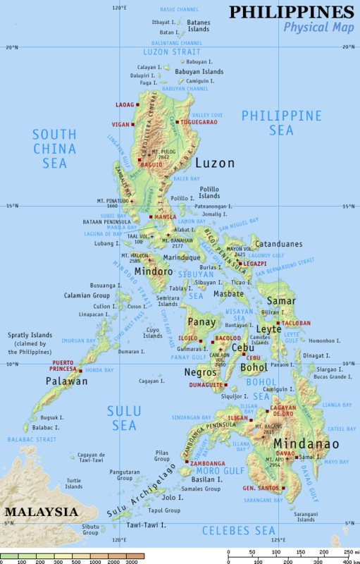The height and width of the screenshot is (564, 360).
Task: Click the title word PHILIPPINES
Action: pyautogui.click(x=291, y=12)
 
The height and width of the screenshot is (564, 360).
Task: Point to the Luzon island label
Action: pyautogui.click(x=214, y=163)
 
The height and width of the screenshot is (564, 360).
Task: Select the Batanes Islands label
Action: pyautogui.click(x=198, y=26)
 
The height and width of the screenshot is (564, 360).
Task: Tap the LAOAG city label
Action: pyautogui.click(x=124, y=104)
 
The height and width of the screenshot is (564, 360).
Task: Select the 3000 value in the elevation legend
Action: pyautogui.click(x=131, y=561)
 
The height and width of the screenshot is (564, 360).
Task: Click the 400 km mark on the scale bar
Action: pyautogui.click(x=347, y=561)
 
